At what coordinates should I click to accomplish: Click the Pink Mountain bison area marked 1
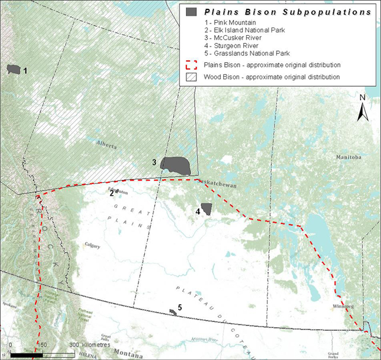(x=13, y=69)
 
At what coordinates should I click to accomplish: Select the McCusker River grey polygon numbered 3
(x=176, y=166)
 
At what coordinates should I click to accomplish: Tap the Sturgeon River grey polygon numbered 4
(x=206, y=210)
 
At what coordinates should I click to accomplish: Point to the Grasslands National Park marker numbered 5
(x=173, y=312)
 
